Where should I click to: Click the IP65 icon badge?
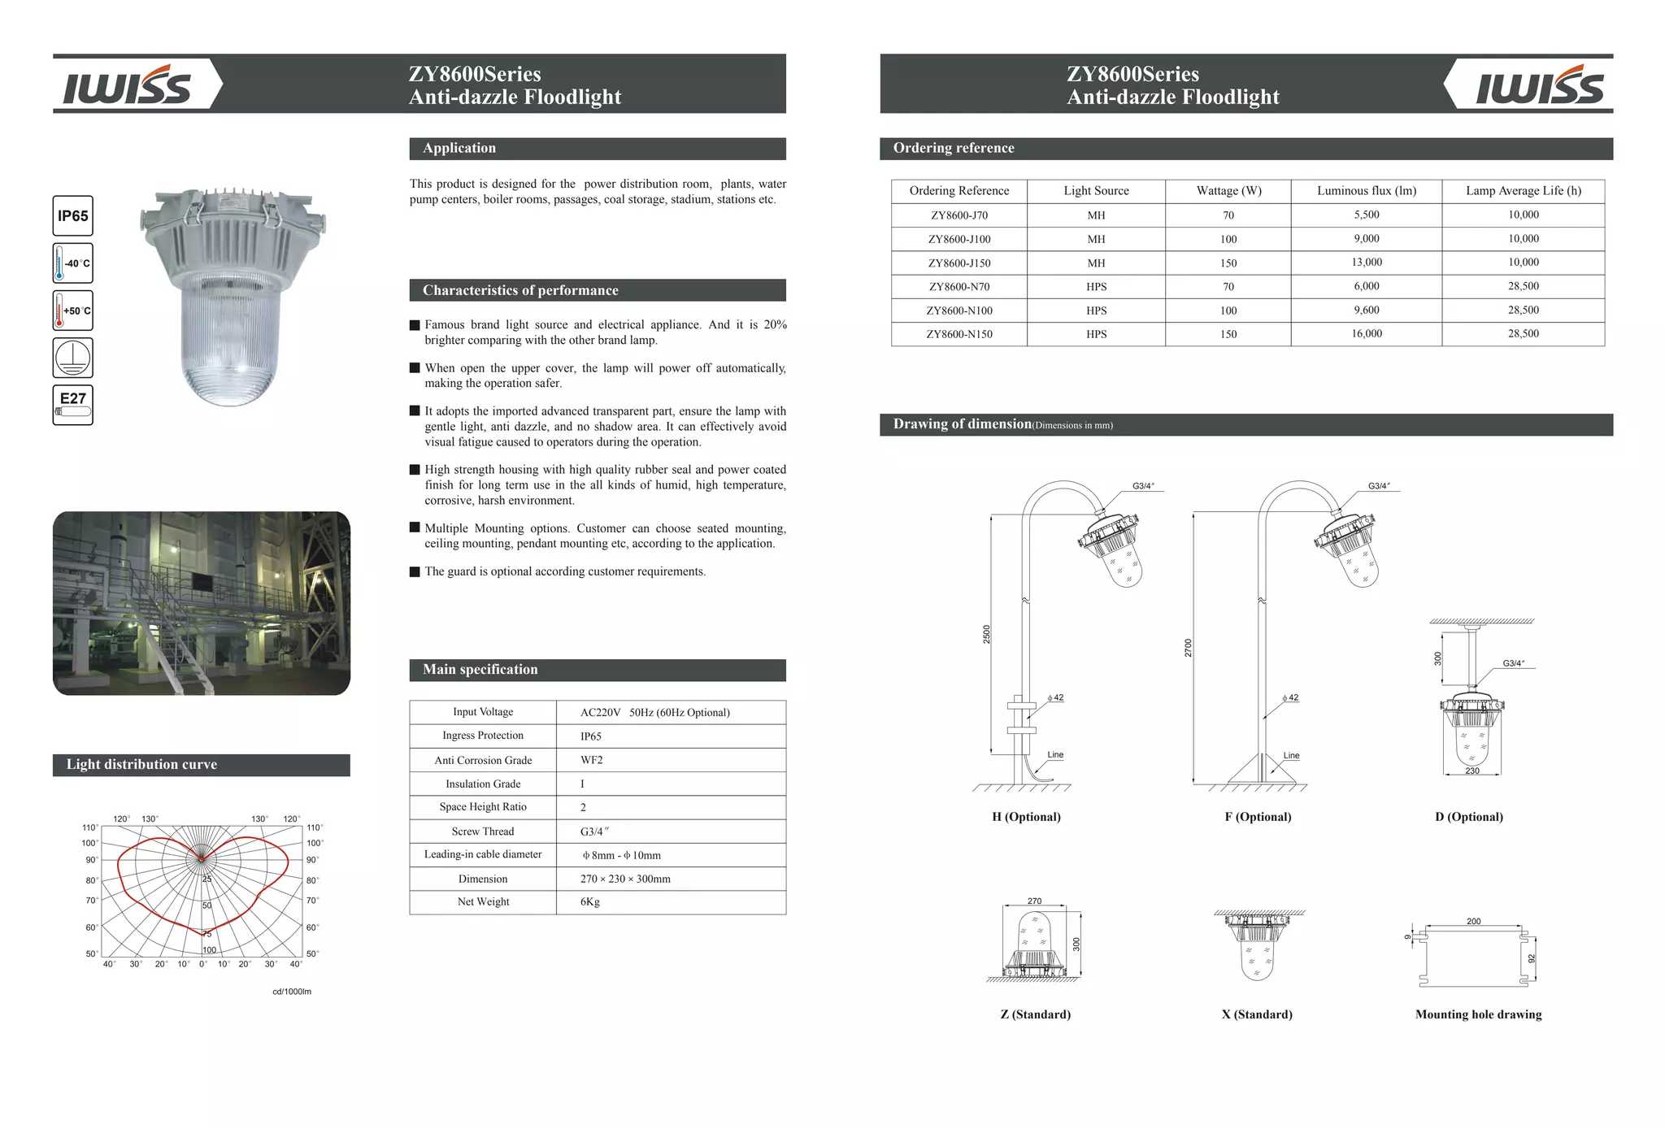pos(72,216)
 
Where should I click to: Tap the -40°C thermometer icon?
pos(72,263)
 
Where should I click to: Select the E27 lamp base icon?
pos(72,405)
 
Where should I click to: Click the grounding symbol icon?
pos(72,358)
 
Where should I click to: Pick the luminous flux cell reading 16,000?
pos(1366,334)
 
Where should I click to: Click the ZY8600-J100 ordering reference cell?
pos(959,239)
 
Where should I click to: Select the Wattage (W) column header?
pos(1228,191)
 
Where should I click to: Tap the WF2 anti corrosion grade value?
pos(591,760)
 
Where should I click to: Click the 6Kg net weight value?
pos(589,901)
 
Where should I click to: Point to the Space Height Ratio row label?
pos(483,807)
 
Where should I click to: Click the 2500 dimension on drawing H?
pos(987,634)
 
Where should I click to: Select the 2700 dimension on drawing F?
pos(1188,648)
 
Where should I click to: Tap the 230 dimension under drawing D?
pos(1472,771)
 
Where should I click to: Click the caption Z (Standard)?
pos(1035,1014)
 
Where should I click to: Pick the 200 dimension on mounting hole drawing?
pos(1473,921)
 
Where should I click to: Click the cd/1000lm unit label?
pos(292,992)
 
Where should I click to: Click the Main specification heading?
pos(480,670)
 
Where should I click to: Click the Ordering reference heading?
pos(953,148)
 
